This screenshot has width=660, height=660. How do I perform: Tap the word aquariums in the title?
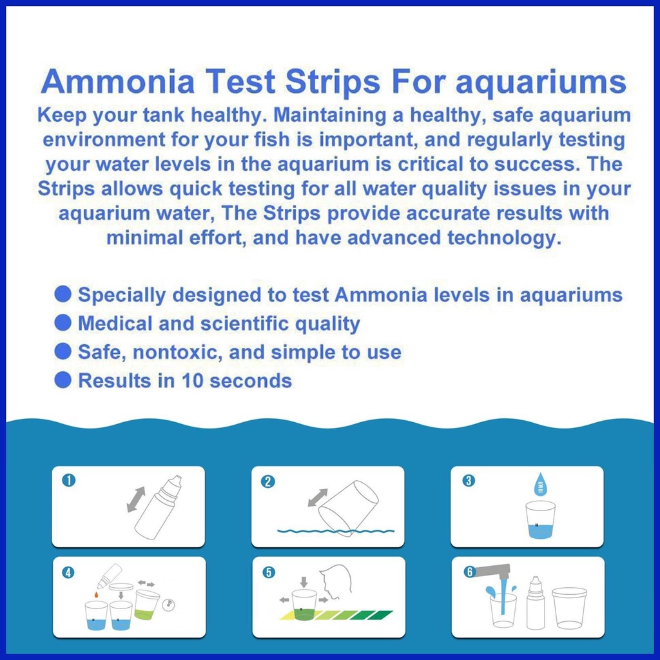click(x=541, y=83)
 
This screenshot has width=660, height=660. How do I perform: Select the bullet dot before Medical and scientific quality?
click(x=63, y=323)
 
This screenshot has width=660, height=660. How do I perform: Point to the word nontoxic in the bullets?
click(x=177, y=352)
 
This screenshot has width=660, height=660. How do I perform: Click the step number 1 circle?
click(x=68, y=480)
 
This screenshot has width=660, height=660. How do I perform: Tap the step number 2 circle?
click(x=268, y=481)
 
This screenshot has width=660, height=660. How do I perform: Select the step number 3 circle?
click(x=469, y=480)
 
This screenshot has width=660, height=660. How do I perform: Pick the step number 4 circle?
click(x=68, y=572)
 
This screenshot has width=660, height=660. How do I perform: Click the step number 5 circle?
click(x=269, y=572)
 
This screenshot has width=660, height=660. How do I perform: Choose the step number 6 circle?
click(x=469, y=572)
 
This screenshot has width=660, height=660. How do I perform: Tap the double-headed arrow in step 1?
click(x=136, y=500)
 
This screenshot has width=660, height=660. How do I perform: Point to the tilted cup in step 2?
click(x=348, y=508)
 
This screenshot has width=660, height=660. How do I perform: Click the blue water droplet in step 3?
click(x=541, y=485)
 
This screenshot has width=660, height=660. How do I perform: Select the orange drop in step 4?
click(x=97, y=594)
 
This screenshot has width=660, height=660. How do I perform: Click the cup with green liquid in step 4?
click(x=147, y=605)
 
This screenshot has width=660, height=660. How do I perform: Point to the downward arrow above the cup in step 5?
click(x=304, y=582)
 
